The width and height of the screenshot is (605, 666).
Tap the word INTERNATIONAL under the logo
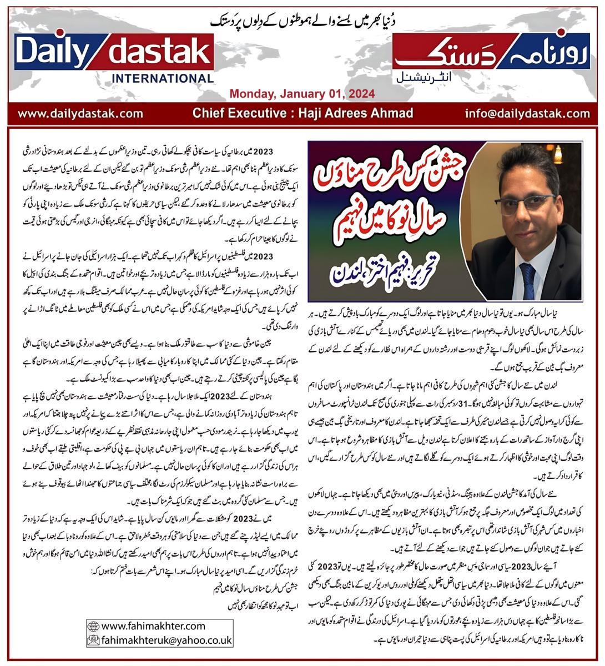[x=162, y=78]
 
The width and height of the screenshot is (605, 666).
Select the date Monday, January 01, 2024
[x=302, y=93]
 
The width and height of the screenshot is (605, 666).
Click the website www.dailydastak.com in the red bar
[x=80, y=114]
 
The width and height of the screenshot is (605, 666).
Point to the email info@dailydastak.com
[x=528, y=114]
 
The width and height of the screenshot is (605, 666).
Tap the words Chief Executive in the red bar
[x=233, y=114]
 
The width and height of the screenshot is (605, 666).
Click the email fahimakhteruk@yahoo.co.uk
[x=167, y=640]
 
